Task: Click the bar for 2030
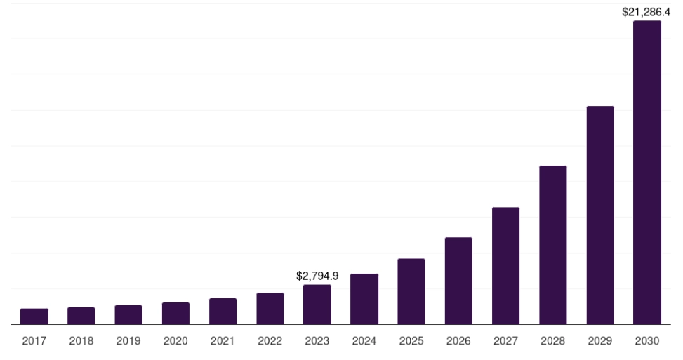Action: [646, 173]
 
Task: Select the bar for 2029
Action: [599, 215]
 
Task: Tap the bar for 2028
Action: [552, 245]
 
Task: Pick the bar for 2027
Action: [505, 266]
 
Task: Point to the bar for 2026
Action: [458, 281]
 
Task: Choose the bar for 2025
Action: [411, 291]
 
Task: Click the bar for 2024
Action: [364, 299]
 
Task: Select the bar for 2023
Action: [317, 305]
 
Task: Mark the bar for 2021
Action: [223, 312]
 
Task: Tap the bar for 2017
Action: [34, 316]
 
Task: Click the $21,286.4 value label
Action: [646, 12]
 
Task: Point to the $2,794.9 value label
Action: [317, 276]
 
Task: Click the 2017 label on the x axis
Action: [34, 341]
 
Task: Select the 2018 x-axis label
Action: [81, 341]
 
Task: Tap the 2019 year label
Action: [128, 341]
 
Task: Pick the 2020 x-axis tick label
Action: [175, 341]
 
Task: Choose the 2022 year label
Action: [270, 341]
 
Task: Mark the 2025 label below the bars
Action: [411, 341]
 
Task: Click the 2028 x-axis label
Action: [552, 341]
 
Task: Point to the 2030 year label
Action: [646, 341]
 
